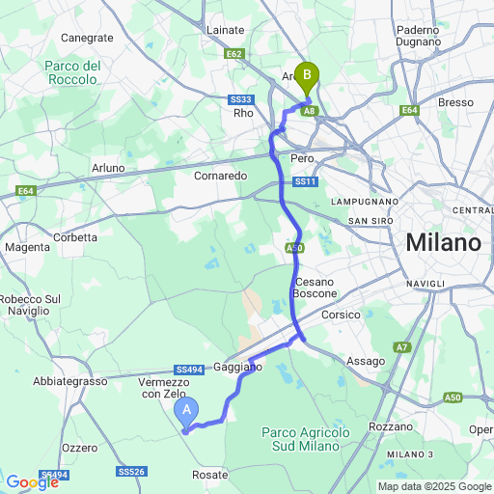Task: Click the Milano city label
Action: pyautogui.click(x=443, y=243)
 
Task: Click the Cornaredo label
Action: pyautogui.click(x=221, y=176)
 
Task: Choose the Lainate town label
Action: pyautogui.click(x=226, y=30)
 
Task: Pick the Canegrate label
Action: pyautogui.click(x=87, y=38)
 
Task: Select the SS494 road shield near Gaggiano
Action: pyautogui.click(x=188, y=370)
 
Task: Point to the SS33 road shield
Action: pyautogui.click(x=241, y=99)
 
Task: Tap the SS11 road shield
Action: pyautogui.click(x=306, y=181)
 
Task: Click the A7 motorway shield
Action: pyautogui.click(x=402, y=346)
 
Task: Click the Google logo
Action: pyautogui.click(x=33, y=481)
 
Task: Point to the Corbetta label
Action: pyautogui.click(x=76, y=236)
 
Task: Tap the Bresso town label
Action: pyautogui.click(x=455, y=102)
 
